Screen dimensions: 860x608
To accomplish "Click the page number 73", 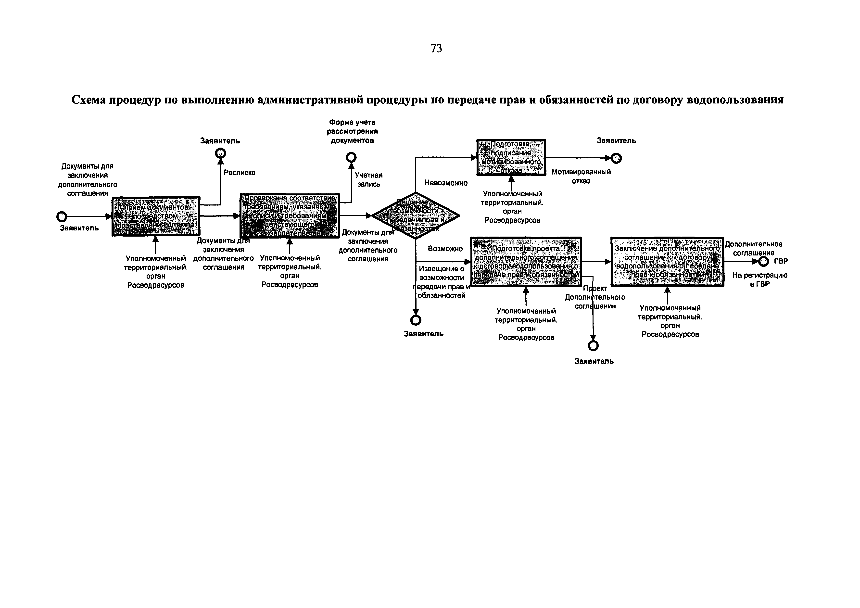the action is (x=436, y=48).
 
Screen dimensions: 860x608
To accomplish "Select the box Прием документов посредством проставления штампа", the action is (x=156, y=216).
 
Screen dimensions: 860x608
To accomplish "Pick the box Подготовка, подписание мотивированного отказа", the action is (x=511, y=157).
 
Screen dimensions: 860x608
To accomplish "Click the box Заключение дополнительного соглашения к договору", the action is (x=667, y=262).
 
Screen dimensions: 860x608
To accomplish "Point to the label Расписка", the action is (x=239, y=173).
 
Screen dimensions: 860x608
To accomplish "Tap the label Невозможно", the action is (x=446, y=183).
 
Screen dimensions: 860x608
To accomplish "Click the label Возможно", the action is (x=445, y=249).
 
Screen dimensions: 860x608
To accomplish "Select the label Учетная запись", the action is (x=368, y=179).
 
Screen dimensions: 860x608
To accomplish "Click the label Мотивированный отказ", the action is (x=581, y=177).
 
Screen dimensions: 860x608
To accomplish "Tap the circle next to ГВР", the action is (x=763, y=262).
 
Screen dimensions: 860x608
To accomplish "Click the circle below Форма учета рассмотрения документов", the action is (x=351, y=157).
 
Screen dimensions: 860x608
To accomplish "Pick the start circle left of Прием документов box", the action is (x=62, y=216).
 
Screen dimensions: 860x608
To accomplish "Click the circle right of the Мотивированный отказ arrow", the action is (x=616, y=158).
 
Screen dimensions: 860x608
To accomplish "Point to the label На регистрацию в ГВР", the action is (x=760, y=279).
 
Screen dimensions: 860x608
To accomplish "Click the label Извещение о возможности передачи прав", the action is (x=442, y=282).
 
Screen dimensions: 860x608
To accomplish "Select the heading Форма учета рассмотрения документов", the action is (x=352, y=131).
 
